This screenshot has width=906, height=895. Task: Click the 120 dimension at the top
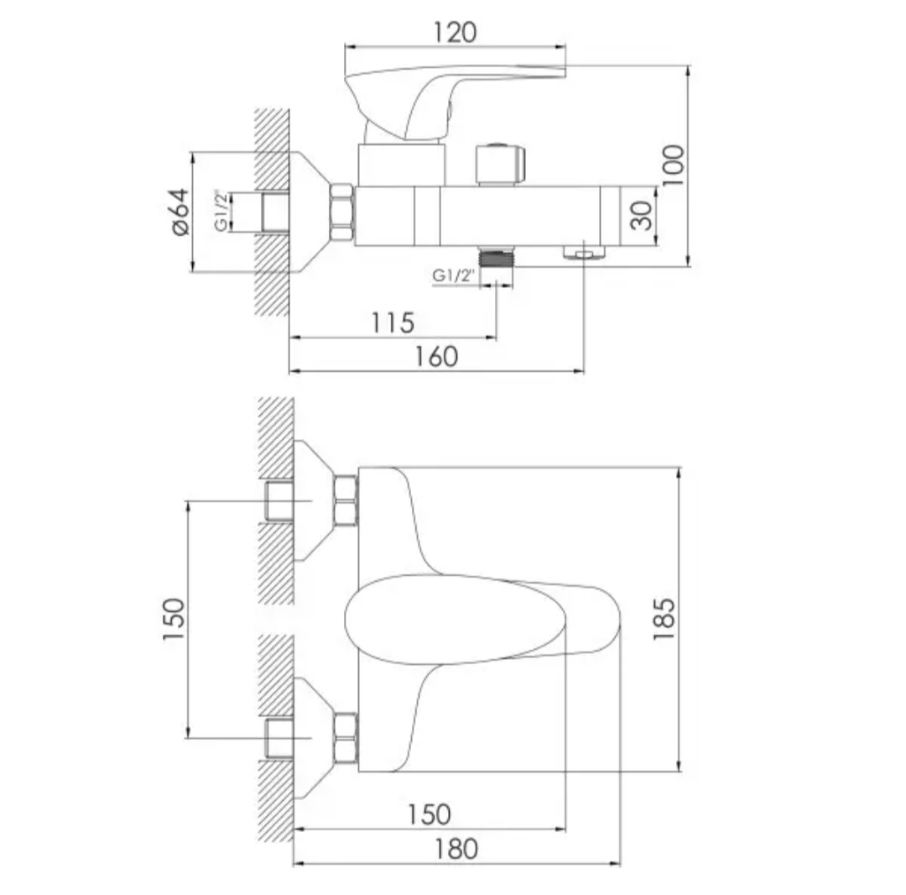(455, 33)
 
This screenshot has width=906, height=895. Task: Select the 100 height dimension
(673, 165)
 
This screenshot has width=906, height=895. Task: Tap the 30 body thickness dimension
(641, 215)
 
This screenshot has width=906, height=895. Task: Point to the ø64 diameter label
(180, 212)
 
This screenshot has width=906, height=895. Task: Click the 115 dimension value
(393, 322)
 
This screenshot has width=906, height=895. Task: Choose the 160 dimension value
(437, 357)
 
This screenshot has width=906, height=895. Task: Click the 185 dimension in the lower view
(664, 619)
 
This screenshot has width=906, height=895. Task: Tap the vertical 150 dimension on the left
(174, 619)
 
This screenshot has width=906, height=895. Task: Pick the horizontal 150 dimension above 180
(430, 814)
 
